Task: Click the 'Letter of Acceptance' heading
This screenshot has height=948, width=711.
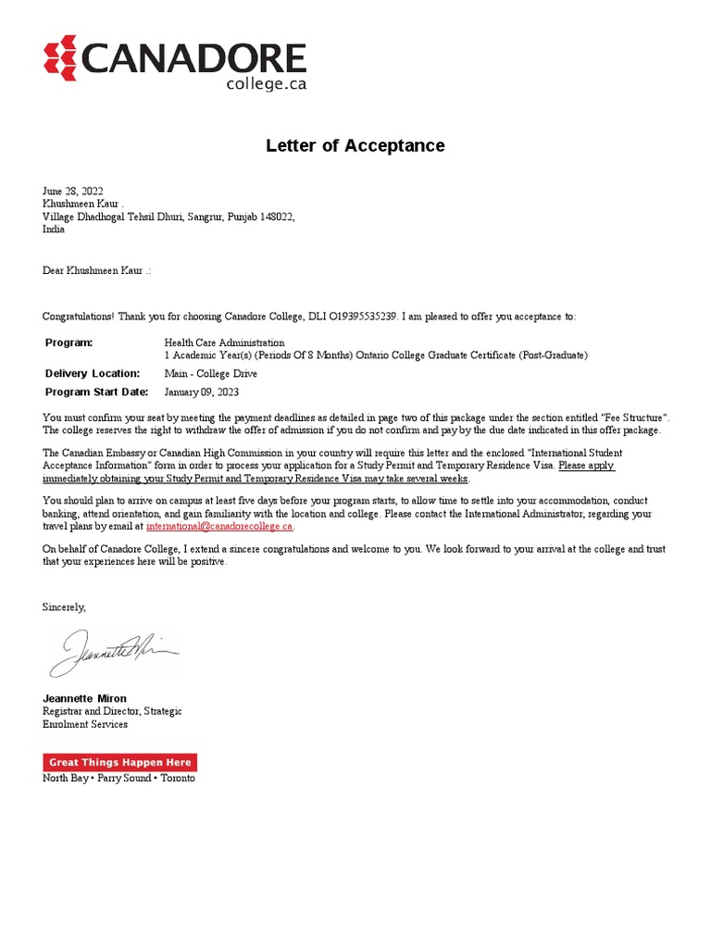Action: [x=355, y=145]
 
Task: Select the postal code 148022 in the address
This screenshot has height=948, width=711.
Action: [x=275, y=216]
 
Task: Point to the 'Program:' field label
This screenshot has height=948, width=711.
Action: [x=69, y=343]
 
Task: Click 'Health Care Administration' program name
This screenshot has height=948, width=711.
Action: [x=225, y=343]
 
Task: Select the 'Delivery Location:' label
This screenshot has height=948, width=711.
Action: [x=93, y=373]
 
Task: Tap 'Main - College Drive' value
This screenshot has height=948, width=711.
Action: [x=211, y=373]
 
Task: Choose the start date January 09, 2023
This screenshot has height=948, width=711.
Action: [x=202, y=392]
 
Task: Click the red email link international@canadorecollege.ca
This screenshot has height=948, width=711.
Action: [x=219, y=526]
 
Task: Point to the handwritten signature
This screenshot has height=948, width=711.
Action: [x=111, y=652]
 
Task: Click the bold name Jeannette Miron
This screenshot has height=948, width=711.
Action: [x=85, y=697]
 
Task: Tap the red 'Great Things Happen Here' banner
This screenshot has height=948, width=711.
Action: [x=119, y=763]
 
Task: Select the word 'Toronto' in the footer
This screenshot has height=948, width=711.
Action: [x=178, y=779]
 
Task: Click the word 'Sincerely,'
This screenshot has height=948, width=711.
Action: [x=64, y=606]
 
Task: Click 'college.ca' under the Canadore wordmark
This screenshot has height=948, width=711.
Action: [x=267, y=83]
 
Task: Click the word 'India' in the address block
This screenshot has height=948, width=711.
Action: [x=54, y=229]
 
